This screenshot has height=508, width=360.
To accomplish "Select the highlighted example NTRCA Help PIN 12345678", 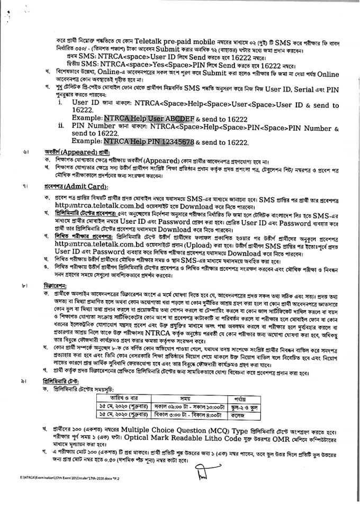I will click(x=150, y=142).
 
